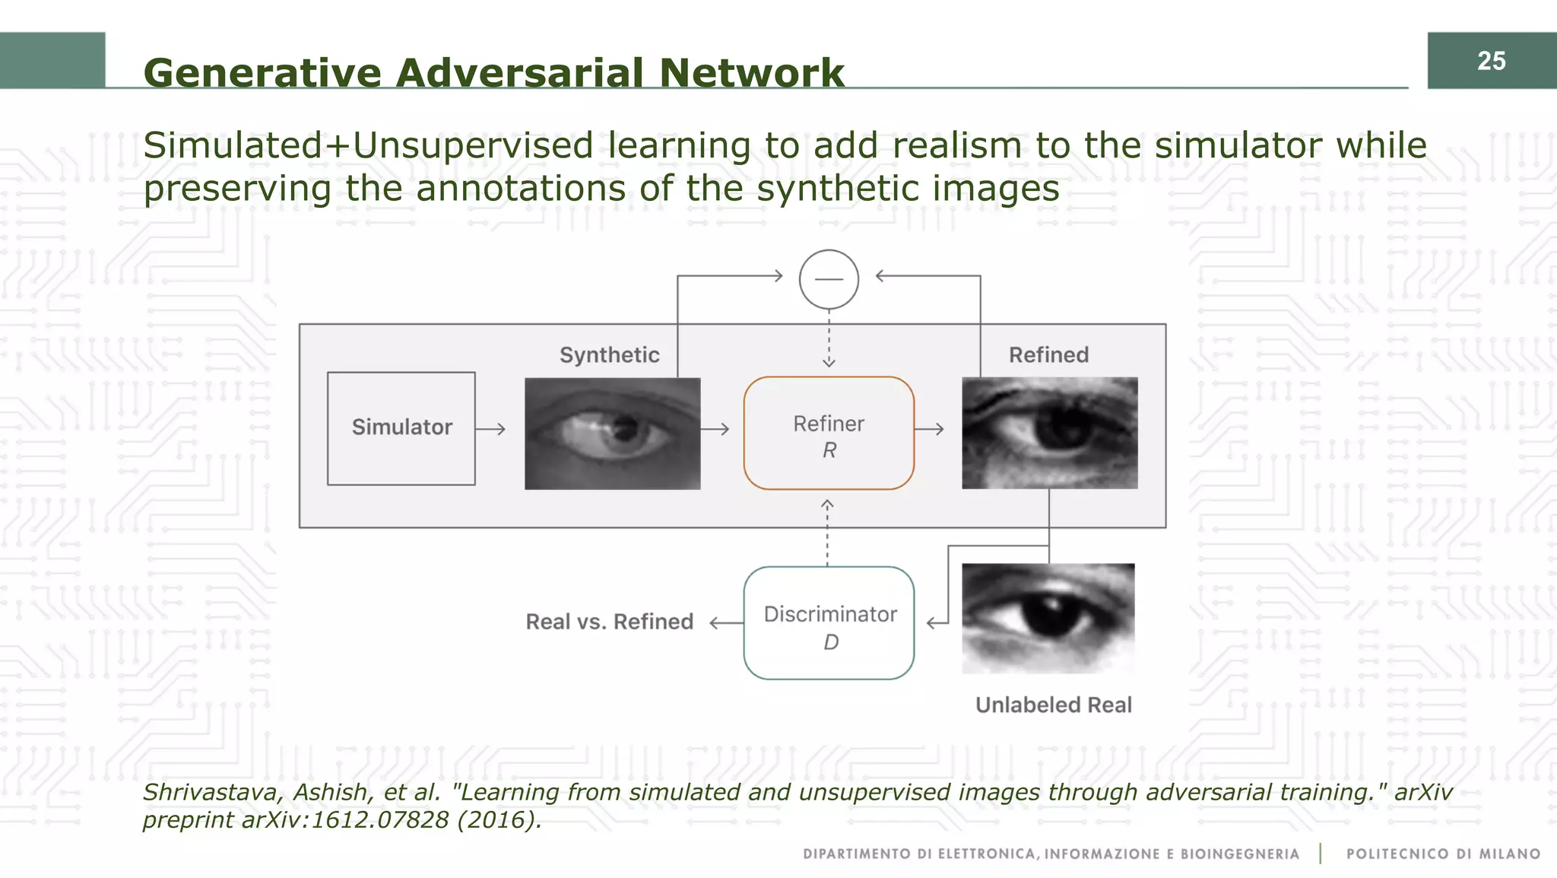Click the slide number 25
click(1491, 61)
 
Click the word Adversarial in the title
click(519, 74)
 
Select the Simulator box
click(401, 428)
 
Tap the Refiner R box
click(829, 433)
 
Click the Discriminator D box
click(829, 623)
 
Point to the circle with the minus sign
click(829, 279)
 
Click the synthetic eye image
click(612, 433)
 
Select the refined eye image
click(1049, 433)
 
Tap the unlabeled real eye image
click(1048, 618)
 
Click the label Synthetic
click(609, 355)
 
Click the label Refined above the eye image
click(1048, 355)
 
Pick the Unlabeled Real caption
click(1053, 705)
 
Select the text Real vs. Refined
click(609, 622)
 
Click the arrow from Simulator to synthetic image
click(490, 429)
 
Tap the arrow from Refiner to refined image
click(929, 429)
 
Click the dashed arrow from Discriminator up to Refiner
click(827, 533)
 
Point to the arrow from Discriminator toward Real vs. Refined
click(726, 623)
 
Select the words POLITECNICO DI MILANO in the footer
click(1443, 854)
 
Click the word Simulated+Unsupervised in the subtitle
click(368, 146)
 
